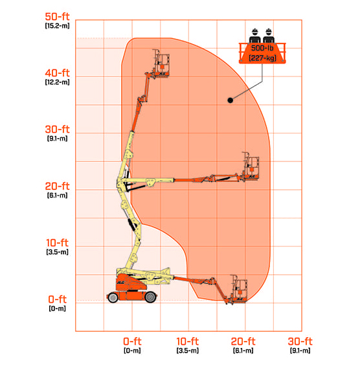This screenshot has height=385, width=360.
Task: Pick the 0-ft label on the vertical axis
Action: (57, 299)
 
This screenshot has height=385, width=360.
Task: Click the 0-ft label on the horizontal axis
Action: (132, 341)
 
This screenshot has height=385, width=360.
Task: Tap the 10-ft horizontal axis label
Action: (187, 341)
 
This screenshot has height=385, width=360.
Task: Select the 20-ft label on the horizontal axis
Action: (243, 341)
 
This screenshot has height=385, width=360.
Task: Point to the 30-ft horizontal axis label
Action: (300, 341)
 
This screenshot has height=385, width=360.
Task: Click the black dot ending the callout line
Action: (229, 100)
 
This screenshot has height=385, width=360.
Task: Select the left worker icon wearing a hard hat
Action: (256, 33)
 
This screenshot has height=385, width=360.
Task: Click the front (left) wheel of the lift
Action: (114, 297)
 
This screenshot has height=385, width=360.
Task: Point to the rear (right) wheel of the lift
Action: (151, 297)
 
